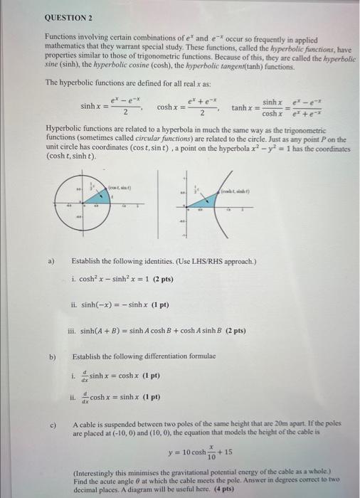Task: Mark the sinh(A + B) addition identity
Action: point(162,331)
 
